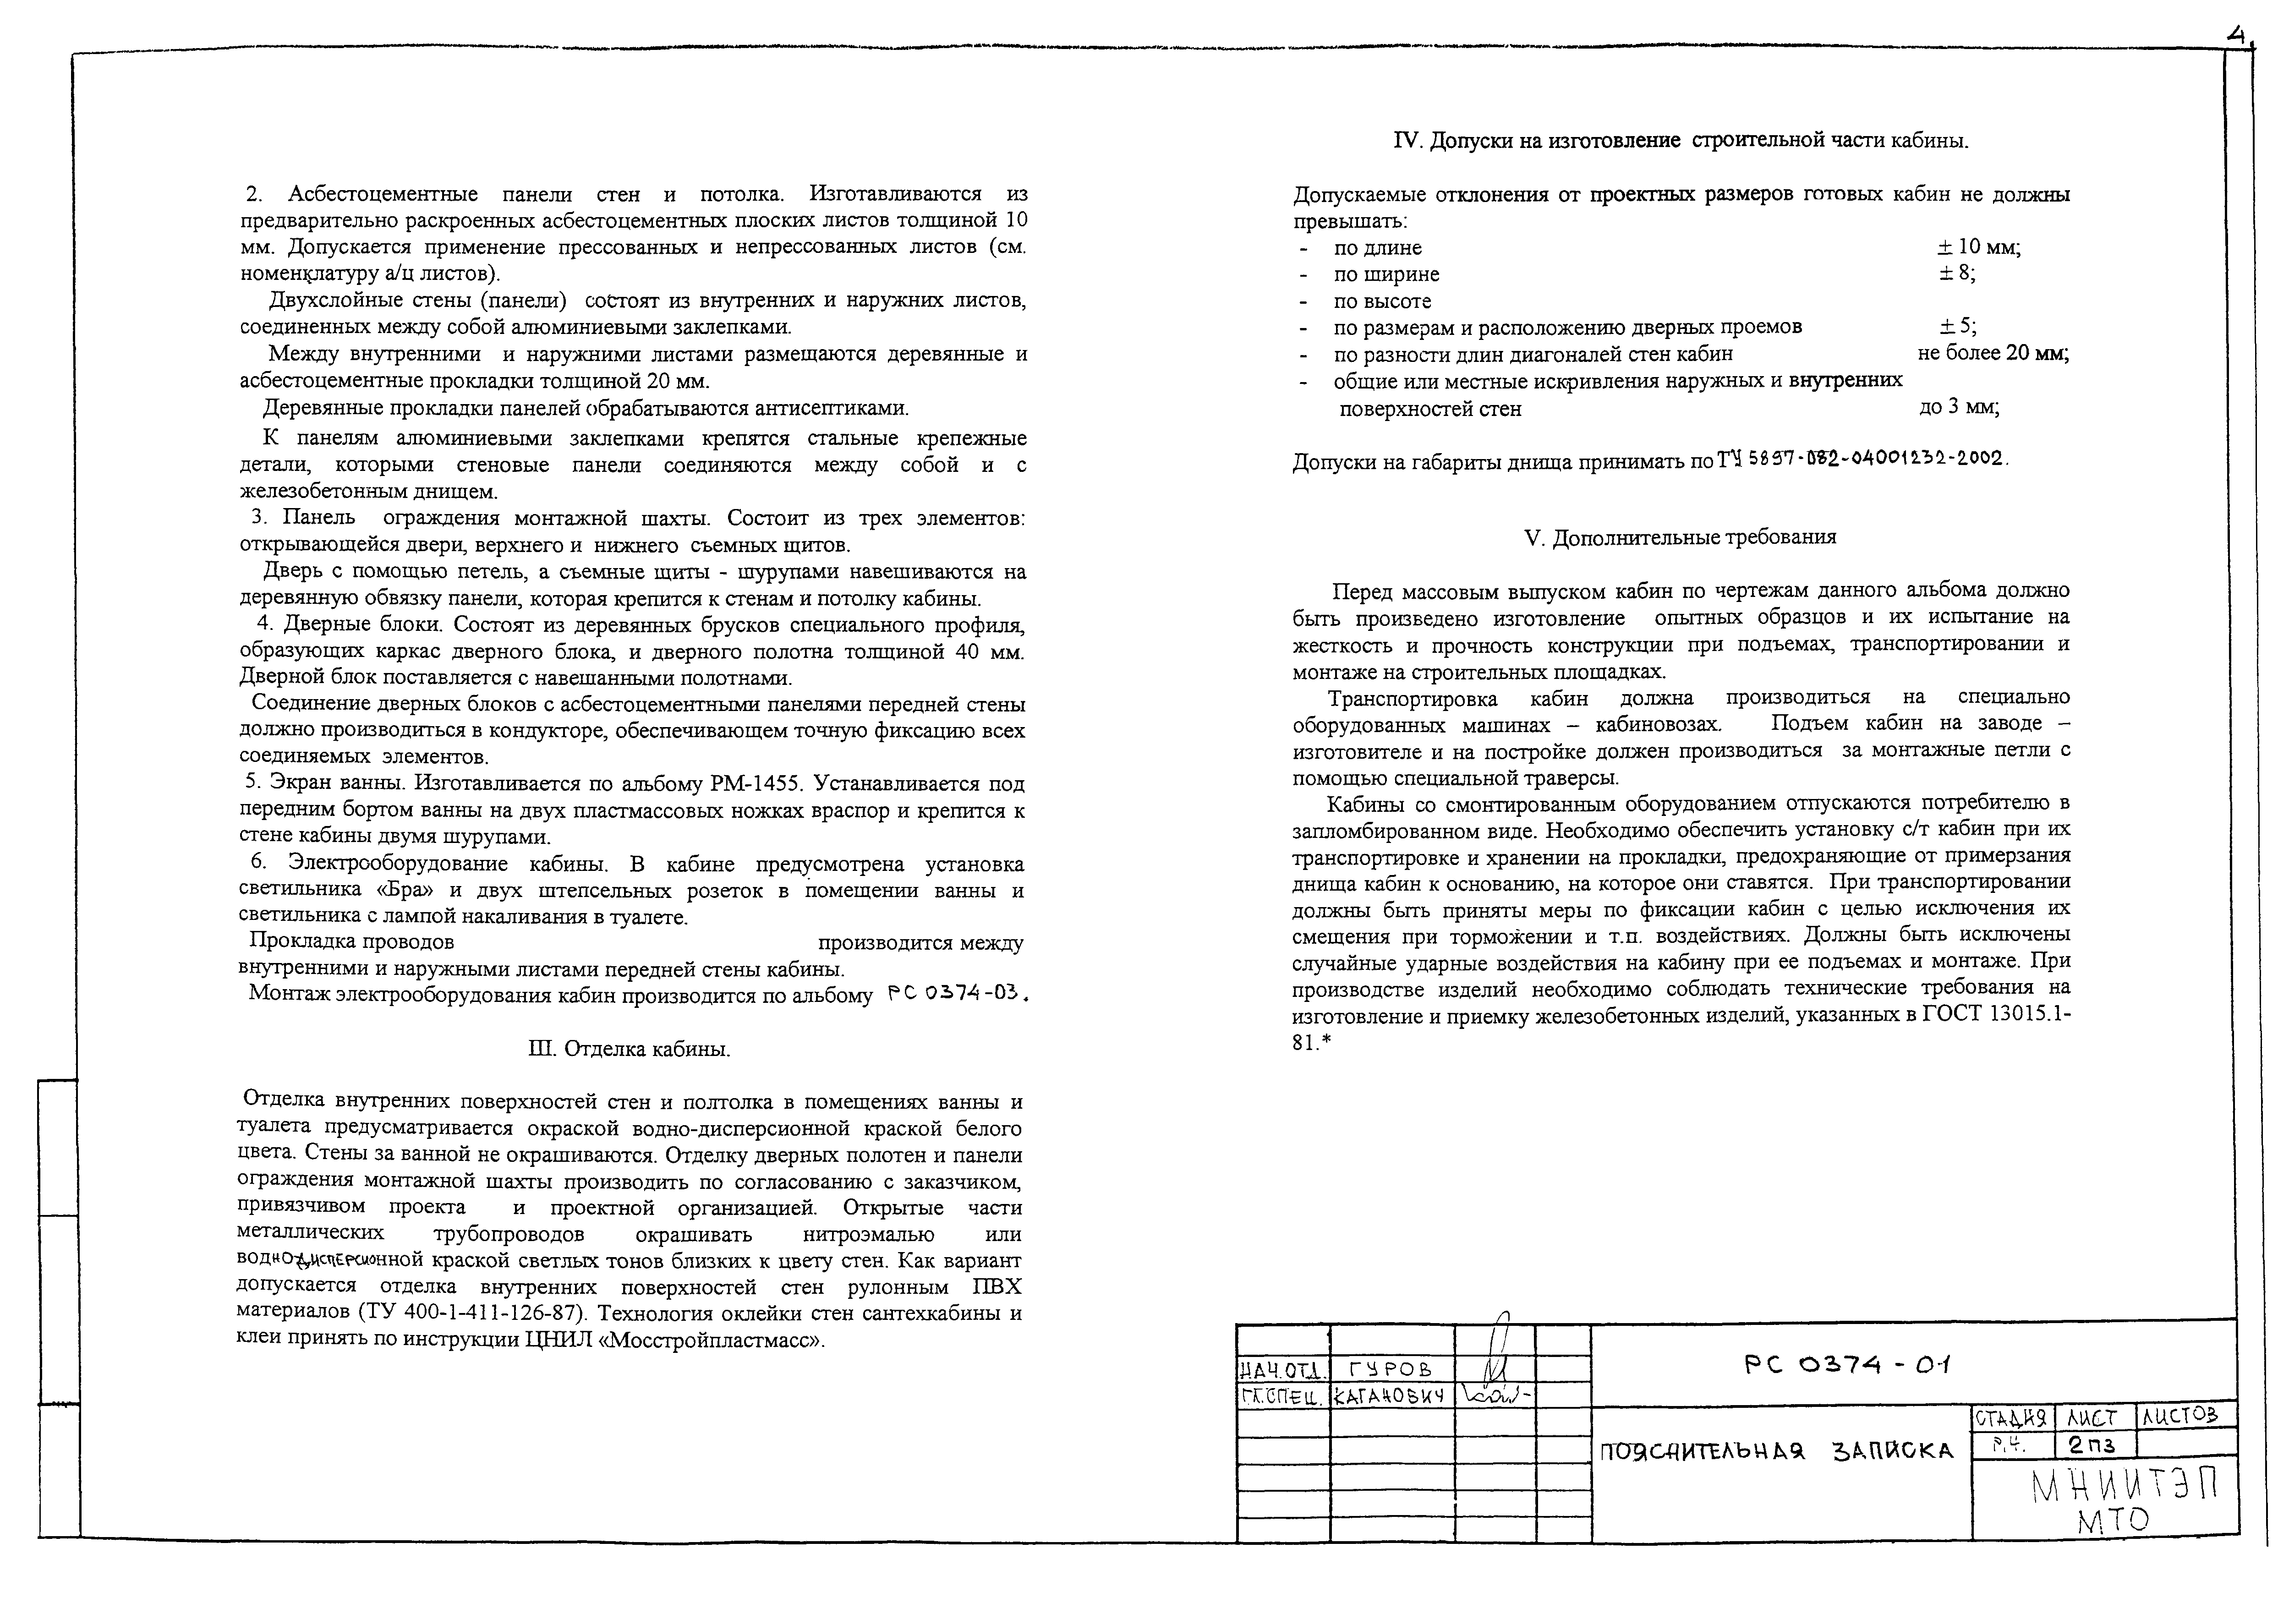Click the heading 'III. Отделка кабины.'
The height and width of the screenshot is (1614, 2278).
(x=630, y=1050)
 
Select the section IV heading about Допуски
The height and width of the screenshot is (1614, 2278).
(x=1681, y=141)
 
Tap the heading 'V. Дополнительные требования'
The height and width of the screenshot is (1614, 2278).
(x=1680, y=538)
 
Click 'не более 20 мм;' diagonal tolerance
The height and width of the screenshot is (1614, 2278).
(x=1993, y=354)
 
